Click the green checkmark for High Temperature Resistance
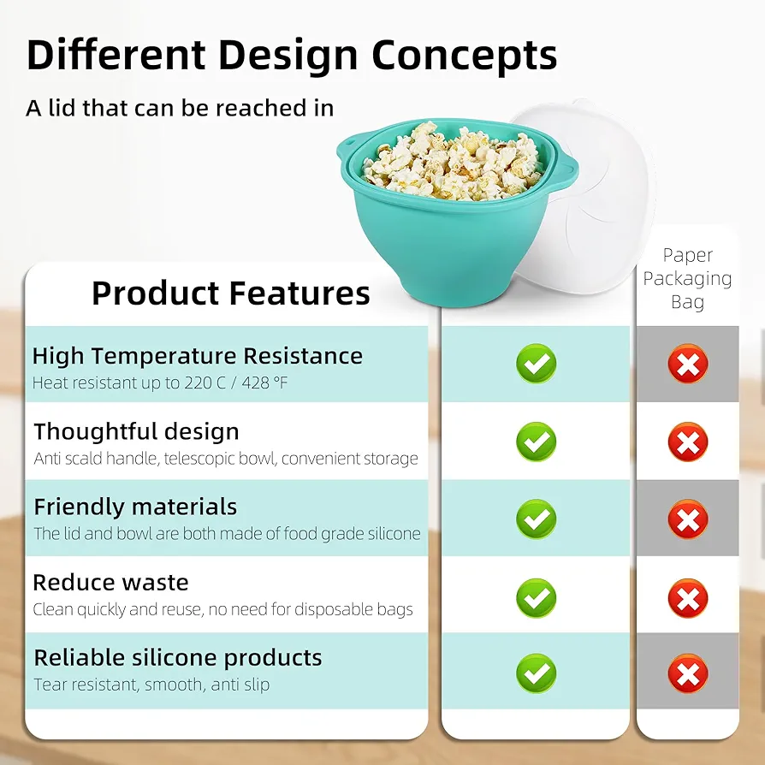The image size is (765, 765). point(537,364)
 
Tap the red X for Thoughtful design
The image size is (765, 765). point(688,442)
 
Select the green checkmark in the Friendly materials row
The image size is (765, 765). point(537,519)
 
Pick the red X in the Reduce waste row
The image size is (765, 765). point(688,598)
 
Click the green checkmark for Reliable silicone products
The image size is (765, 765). point(537,673)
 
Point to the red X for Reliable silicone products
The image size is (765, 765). point(688,673)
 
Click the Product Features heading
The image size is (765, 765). point(231,294)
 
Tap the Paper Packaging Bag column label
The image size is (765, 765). point(687,278)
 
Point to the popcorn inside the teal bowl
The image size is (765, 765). point(454,161)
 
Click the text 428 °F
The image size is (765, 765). point(264,383)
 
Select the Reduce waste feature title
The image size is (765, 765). point(110,583)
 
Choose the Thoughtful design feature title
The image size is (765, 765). point(137,432)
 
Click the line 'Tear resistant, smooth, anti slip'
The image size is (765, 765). point(151,685)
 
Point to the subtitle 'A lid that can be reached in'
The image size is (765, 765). point(180,108)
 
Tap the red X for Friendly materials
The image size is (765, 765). point(688,519)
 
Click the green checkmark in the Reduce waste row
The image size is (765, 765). point(537,598)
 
